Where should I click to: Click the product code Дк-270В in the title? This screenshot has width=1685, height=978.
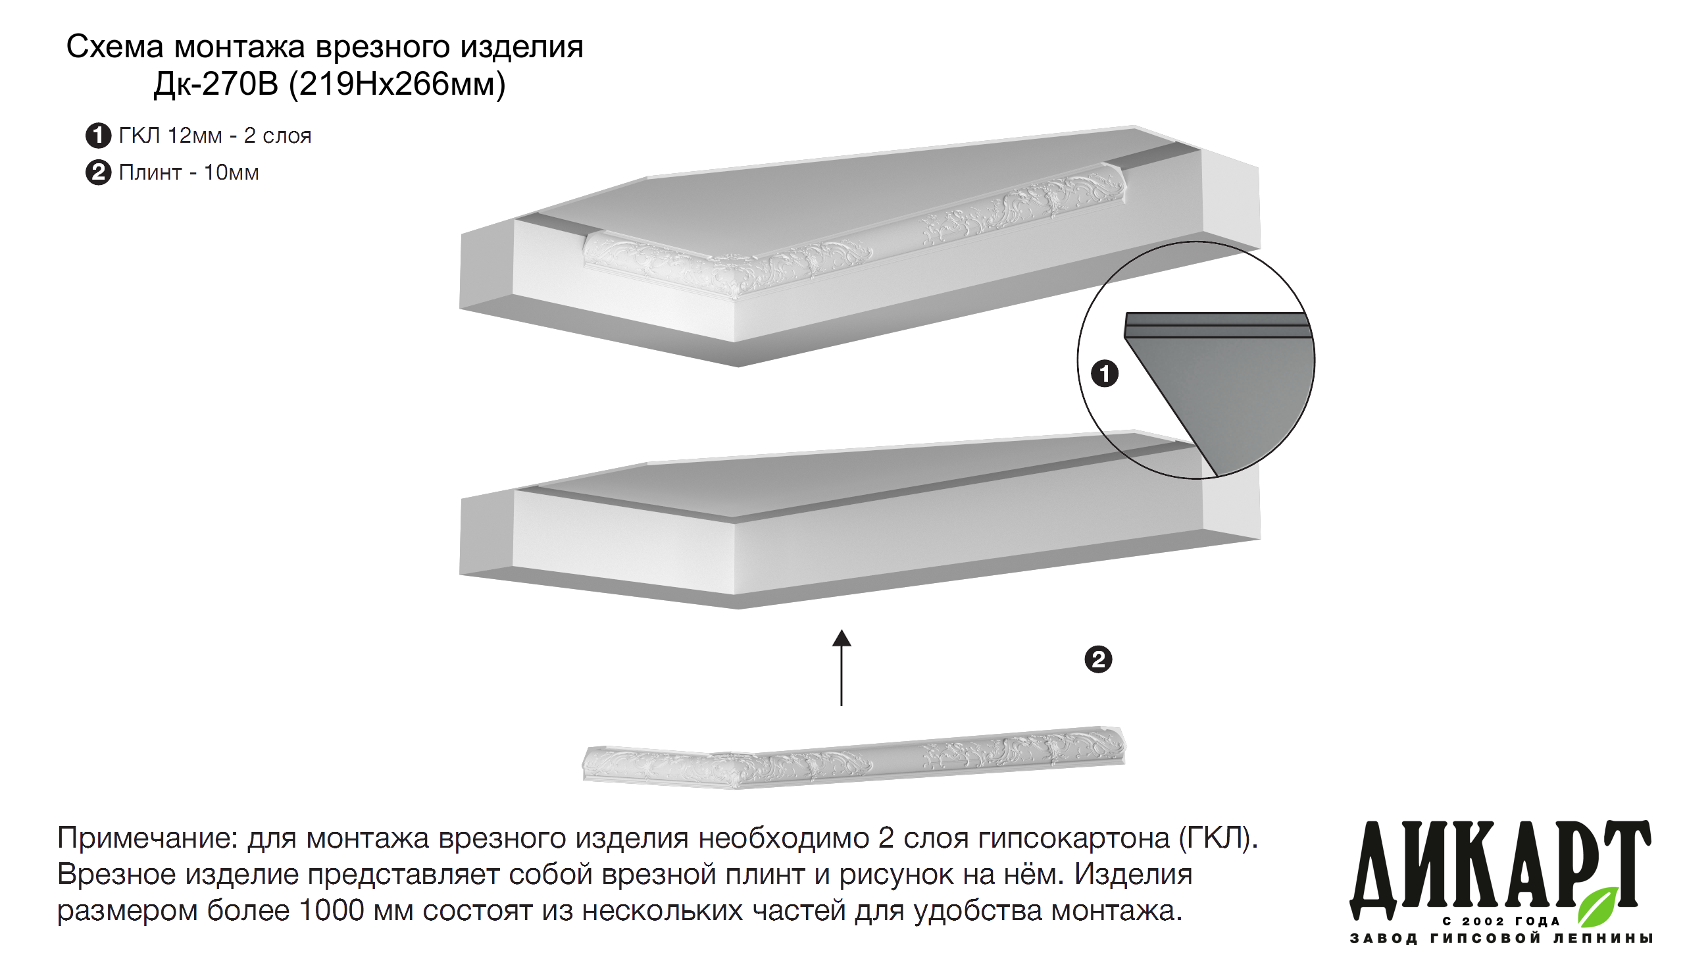pyautogui.click(x=215, y=84)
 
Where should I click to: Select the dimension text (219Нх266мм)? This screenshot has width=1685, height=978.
pyautogui.click(x=397, y=85)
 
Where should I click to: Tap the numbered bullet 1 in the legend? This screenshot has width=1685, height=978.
pyautogui.click(x=98, y=136)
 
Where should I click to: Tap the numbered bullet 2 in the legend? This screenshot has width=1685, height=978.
pyautogui.click(x=98, y=172)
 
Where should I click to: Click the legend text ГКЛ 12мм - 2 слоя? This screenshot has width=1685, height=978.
pyautogui.click(x=215, y=136)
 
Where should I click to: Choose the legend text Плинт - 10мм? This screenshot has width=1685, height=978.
pyautogui.click(x=189, y=172)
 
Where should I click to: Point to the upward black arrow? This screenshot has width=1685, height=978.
pyautogui.click(x=841, y=668)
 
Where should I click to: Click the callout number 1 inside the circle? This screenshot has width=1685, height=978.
pyautogui.click(x=1105, y=373)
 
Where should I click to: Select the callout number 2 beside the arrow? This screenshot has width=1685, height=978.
pyautogui.click(x=1098, y=659)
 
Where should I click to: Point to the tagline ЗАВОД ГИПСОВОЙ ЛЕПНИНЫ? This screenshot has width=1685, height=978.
pyautogui.click(x=1501, y=939)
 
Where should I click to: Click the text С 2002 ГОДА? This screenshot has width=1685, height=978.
pyautogui.click(x=1501, y=921)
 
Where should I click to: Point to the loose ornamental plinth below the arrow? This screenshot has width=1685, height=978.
pyautogui.click(x=854, y=758)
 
